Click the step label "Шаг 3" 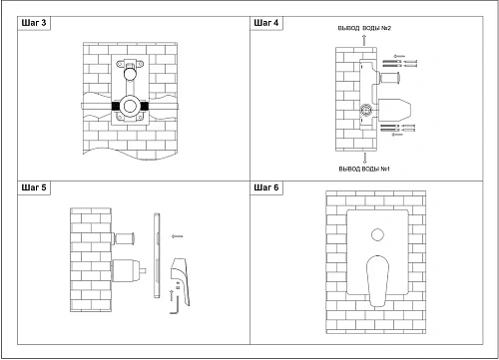(34, 23)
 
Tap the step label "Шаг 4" (266, 23)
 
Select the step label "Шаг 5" (34, 187)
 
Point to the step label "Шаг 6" (266, 187)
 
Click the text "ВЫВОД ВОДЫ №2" (364, 28)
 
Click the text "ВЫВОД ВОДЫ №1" (364, 169)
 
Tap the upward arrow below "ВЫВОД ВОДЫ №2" (364, 40)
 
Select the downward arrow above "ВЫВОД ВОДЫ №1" (365, 158)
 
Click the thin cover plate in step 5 (157, 255)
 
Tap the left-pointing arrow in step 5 (177, 236)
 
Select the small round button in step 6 (377, 234)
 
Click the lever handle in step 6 (377, 281)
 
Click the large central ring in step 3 (130, 107)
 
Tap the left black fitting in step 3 (116, 107)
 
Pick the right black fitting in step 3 (144, 107)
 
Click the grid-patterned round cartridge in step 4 (366, 110)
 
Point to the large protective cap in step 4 (394, 110)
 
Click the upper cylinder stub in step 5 (124, 238)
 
